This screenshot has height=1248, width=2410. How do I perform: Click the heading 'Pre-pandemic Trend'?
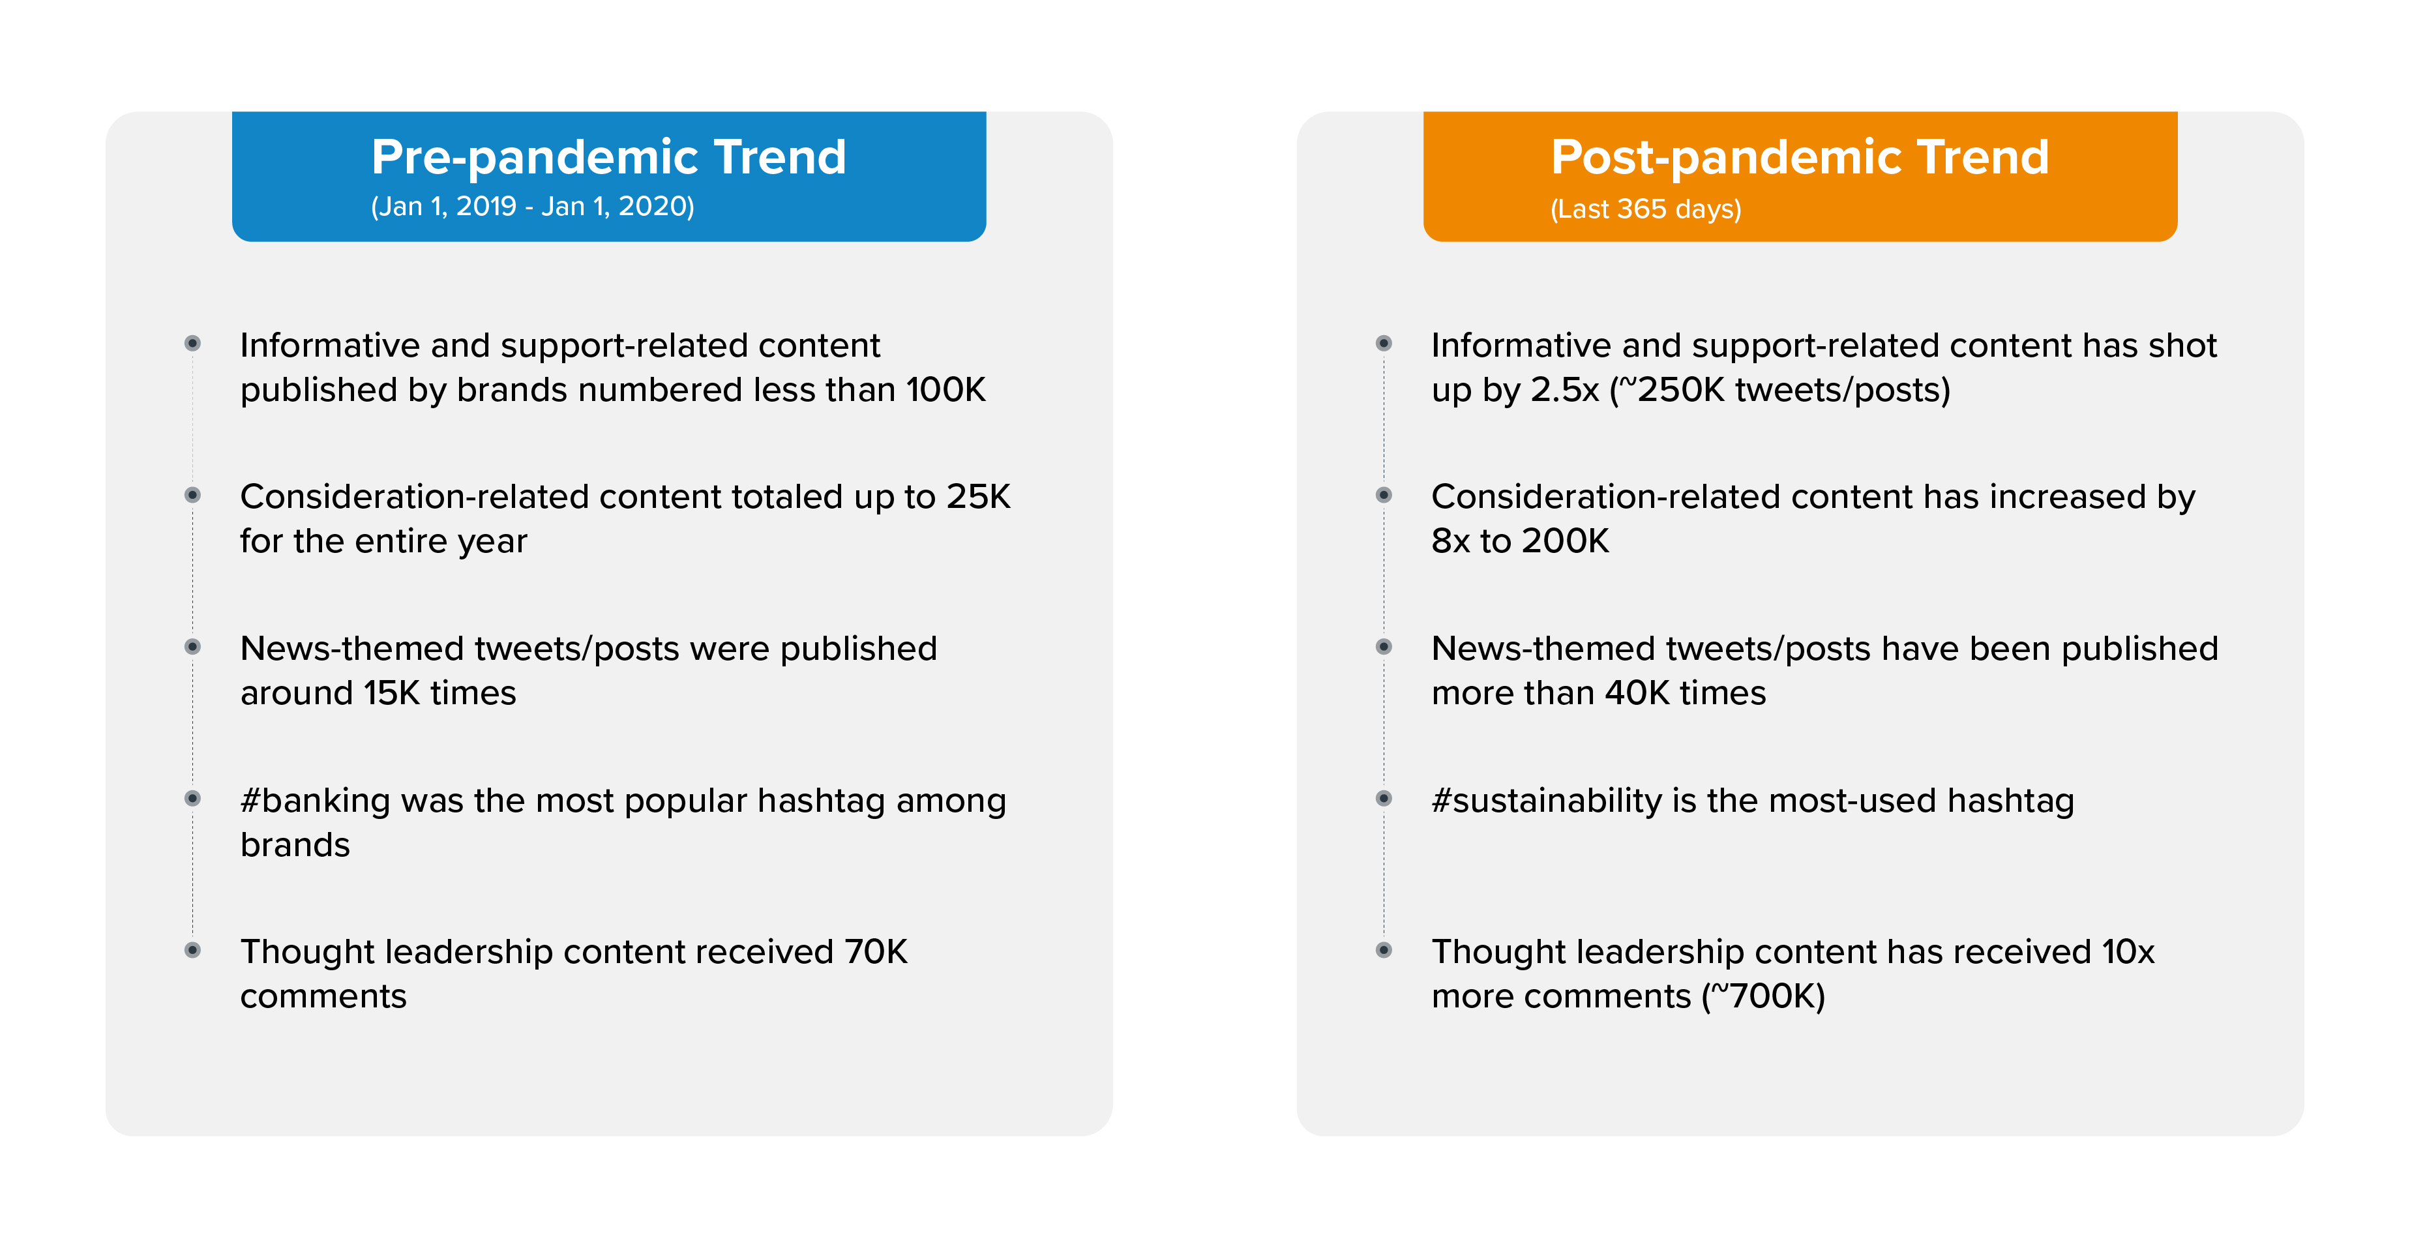click(x=608, y=157)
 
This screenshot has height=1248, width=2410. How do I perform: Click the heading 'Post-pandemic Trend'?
click(x=1799, y=157)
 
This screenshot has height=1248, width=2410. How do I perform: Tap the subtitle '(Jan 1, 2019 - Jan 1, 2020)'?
click(x=532, y=207)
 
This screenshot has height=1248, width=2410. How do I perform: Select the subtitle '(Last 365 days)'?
click(x=1646, y=209)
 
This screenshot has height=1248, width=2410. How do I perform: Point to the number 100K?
click(x=945, y=389)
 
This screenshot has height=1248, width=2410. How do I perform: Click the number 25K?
click(x=977, y=496)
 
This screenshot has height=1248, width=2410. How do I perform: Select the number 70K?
click(x=876, y=951)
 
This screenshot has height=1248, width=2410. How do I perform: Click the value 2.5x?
click(x=1564, y=389)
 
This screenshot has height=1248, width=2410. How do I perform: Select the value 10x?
click(x=2128, y=951)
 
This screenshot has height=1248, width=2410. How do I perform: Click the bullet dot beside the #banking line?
click(x=193, y=798)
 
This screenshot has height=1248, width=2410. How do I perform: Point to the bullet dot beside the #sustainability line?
click(x=1384, y=798)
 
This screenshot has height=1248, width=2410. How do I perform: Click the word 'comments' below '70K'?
click(x=323, y=996)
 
